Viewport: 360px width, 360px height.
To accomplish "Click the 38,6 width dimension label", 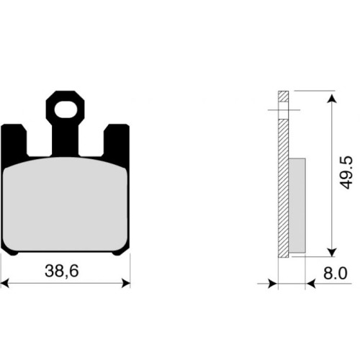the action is coord(62,271).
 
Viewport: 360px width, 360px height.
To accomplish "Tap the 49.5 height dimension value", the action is coord(346,173).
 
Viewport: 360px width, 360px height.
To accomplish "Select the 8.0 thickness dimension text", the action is coord(335,274).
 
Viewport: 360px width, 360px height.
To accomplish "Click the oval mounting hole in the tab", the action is coord(66,109).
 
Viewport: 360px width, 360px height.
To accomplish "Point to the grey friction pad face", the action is coord(66,204).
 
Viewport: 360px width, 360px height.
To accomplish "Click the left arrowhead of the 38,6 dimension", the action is coord(5,283).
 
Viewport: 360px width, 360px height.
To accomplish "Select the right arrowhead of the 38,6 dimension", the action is coord(126,283).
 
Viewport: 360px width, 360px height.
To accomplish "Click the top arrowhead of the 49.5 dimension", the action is coord(332,99).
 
